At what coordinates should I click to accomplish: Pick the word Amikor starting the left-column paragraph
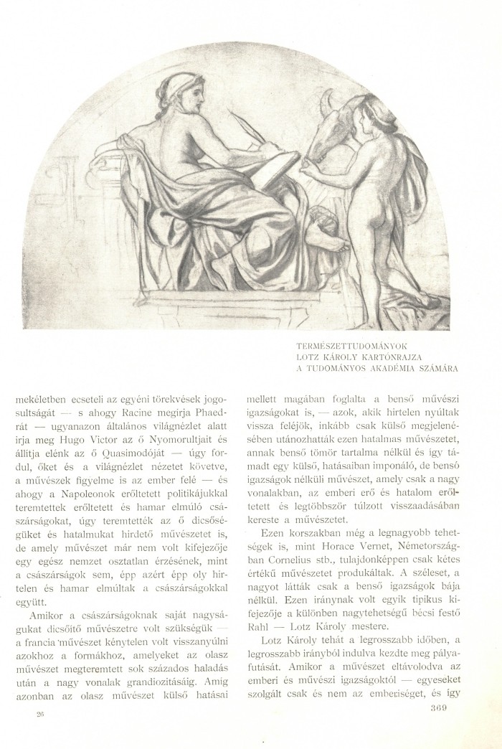49,616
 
